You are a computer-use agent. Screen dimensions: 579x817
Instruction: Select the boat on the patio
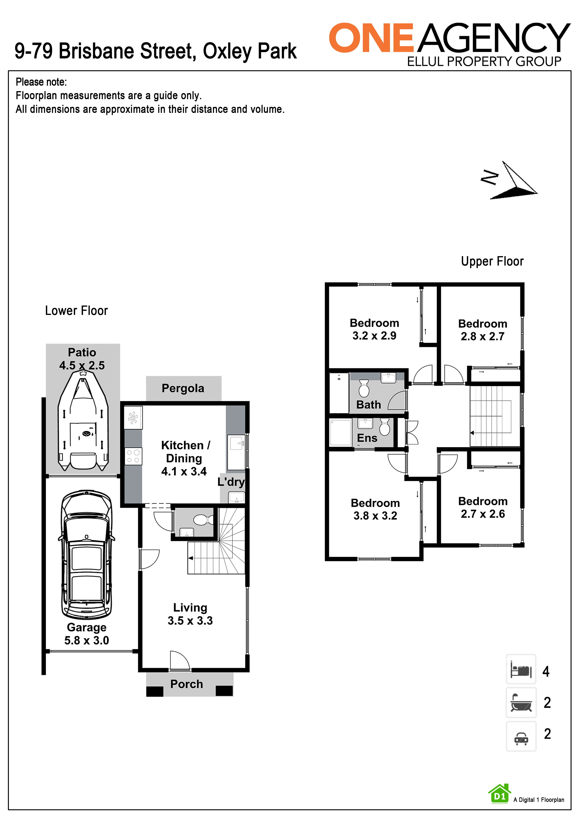coord(83,420)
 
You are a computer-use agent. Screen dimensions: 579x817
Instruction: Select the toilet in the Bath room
coord(364,388)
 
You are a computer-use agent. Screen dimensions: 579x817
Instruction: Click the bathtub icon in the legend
coord(521,702)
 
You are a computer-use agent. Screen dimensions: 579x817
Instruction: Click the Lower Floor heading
coord(76,310)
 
